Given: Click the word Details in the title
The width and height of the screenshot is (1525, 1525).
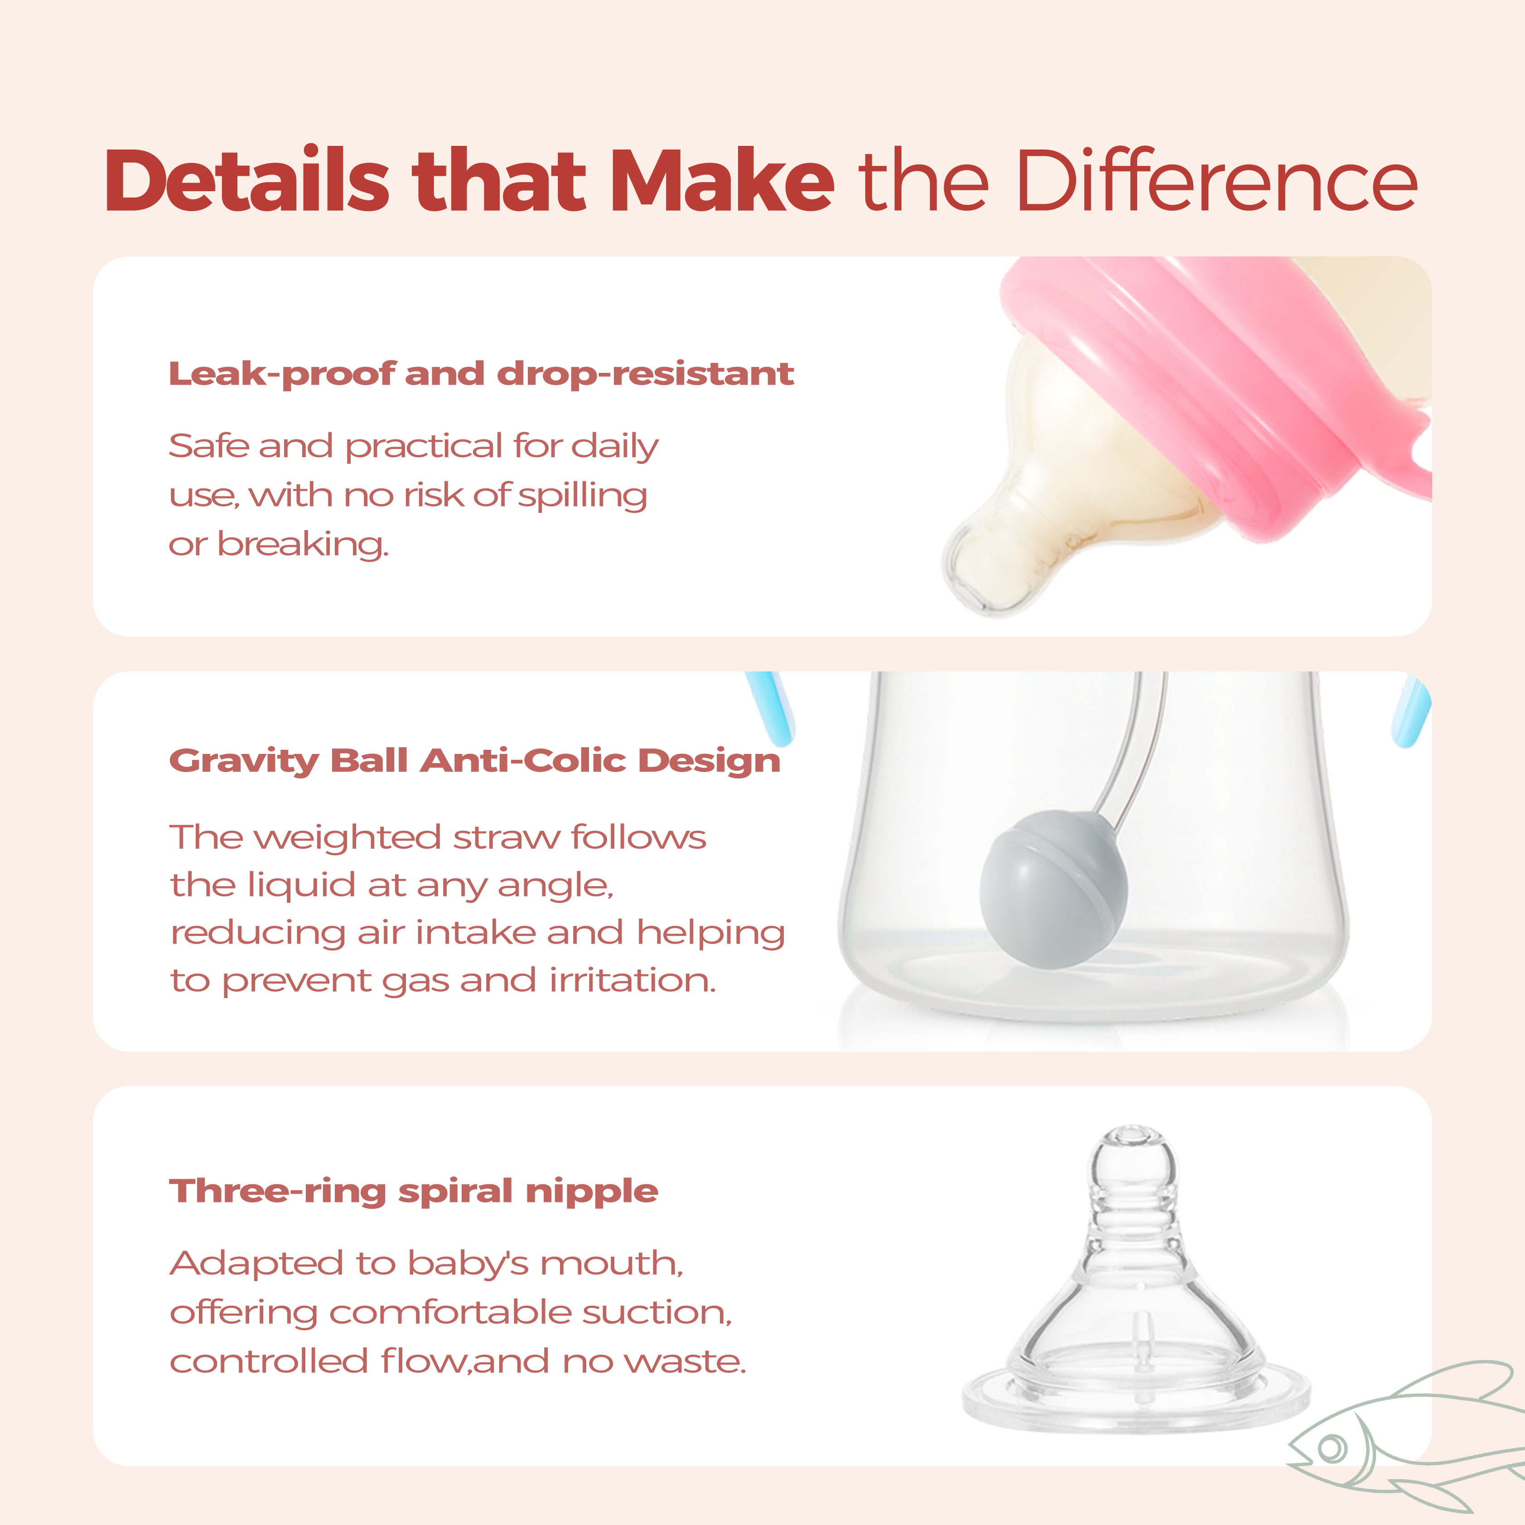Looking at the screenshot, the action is (x=247, y=181).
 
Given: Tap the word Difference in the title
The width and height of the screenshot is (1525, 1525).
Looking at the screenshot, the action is (x=1218, y=181).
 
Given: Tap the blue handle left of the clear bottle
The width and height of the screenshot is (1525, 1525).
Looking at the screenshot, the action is (x=770, y=708).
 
